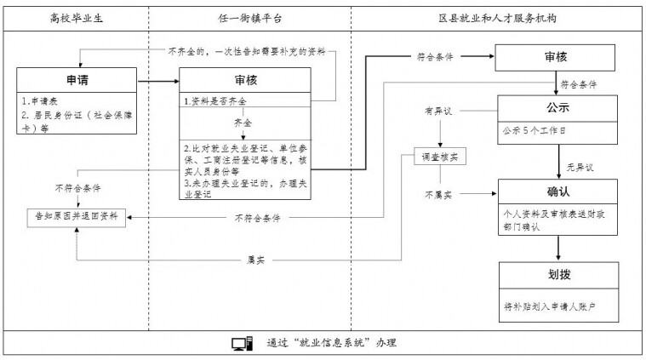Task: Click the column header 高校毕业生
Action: coord(77,18)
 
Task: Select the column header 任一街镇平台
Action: coord(250,18)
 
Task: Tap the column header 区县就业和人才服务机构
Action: coord(497,18)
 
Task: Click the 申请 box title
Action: coord(77,80)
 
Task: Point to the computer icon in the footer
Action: coord(242,344)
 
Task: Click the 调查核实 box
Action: coord(440,157)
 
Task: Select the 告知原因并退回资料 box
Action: coord(77,216)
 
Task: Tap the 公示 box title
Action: coord(557,107)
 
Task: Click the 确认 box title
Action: coord(558,191)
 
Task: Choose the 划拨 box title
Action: coord(559,274)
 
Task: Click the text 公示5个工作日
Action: coord(534,131)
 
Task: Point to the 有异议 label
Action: coord(438,111)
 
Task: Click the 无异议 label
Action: coord(580,167)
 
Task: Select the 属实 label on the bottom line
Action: coord(256,260)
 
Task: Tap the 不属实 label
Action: coord(438,194)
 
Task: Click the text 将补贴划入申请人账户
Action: coord(550,306)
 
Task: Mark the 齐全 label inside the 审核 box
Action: coord(243,123)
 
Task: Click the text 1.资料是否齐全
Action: coord(214,101)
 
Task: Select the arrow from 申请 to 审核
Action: coord(158,81)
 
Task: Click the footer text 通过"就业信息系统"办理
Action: coord(331,343)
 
